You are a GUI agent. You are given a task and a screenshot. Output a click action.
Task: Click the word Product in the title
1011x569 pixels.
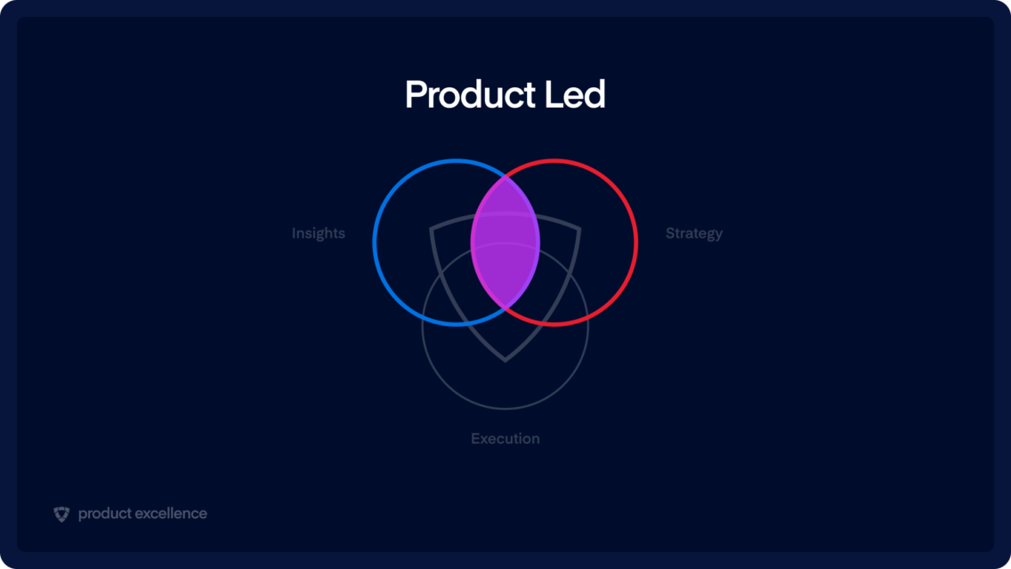(x=470, y=95)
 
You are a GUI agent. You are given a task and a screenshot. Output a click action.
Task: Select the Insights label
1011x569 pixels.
(x=318, y=233)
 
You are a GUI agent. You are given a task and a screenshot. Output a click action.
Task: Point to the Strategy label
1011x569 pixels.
(x=694, y=233)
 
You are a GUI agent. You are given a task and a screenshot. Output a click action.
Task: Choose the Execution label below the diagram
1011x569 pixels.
(x=505, y=438)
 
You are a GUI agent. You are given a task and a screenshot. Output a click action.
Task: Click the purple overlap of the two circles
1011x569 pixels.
(x=505, y=242)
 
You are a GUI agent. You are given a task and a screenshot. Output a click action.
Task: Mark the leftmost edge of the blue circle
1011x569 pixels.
(x=375, y=242)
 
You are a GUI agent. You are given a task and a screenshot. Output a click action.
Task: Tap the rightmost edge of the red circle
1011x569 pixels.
(x=636, y=242)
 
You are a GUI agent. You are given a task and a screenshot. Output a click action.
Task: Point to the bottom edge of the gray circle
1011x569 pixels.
(x=505, y=408)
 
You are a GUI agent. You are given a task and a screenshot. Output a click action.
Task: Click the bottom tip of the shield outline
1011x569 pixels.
(x=505, y=360)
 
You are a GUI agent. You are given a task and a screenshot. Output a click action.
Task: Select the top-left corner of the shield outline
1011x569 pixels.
(x=432, y=229)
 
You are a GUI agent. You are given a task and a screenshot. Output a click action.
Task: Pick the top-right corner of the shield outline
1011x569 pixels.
(x=579, y=229)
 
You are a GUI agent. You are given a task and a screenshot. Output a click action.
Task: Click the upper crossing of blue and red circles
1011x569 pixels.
(x=505, y=175)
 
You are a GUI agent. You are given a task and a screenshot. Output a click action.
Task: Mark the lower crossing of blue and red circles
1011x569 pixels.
(x=505, y=309)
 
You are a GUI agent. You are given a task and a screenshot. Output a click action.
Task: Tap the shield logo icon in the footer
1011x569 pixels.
(x=61, y=514)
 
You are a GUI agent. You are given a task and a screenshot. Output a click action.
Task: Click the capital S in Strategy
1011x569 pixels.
(x=670, y=233)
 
